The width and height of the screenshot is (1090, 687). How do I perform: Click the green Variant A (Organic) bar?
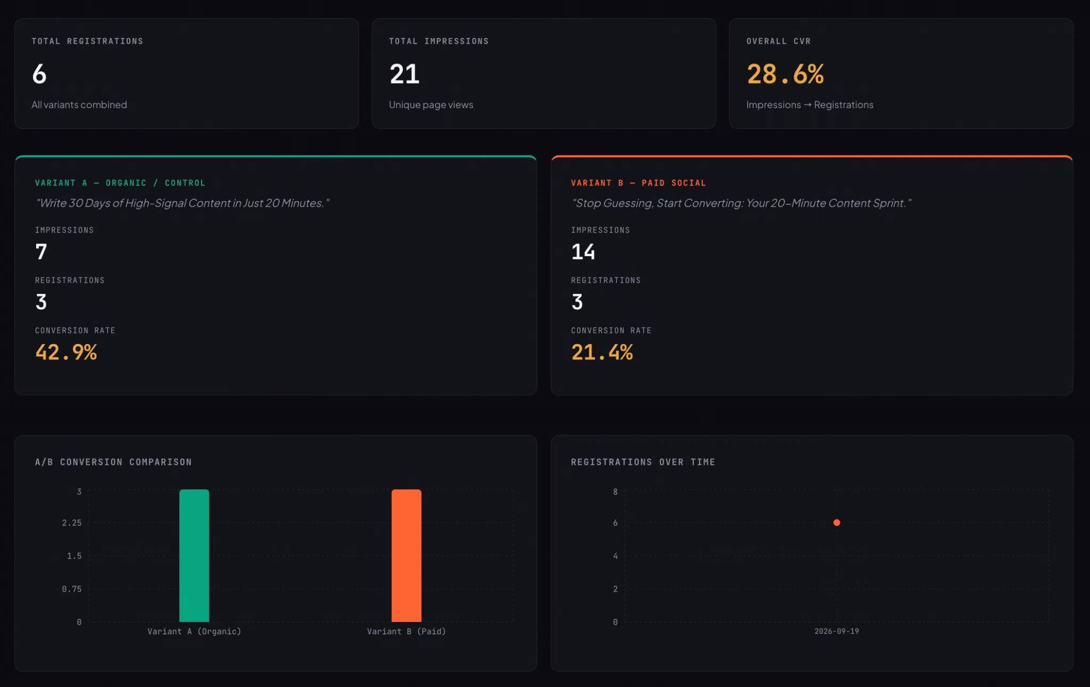(194, 555)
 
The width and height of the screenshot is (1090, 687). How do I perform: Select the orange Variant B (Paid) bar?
(407, 555)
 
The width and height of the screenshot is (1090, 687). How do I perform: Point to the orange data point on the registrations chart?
(837, 522)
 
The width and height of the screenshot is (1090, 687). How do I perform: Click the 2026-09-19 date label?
(837, 631)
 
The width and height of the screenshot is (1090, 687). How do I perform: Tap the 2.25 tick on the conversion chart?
(72, 523)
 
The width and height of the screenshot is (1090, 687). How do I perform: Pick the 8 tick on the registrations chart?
(615, 492)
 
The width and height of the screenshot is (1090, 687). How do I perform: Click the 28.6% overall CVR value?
(786, 74)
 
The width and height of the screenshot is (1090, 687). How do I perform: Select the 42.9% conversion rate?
(66, 352)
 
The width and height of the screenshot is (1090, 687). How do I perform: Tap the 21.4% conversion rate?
(602, 352)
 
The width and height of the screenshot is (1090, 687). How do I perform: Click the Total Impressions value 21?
(404, 74)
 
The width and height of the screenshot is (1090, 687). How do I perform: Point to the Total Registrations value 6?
(39, 74)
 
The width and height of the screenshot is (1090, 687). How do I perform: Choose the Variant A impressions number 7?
(41, 251)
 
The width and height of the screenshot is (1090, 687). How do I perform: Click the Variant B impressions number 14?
(583, 251)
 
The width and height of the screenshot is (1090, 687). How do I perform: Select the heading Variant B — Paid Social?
(639, 183)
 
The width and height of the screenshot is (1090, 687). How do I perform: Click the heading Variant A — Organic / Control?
(120, 183)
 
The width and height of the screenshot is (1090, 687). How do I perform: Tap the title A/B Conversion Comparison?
(113, 462)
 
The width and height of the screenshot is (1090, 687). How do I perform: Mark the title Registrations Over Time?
(643, 462)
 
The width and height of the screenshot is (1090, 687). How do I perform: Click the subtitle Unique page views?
(431, 104)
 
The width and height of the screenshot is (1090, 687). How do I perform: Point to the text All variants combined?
(79, 104)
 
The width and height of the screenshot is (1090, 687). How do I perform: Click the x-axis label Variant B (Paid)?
(407, 631)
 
